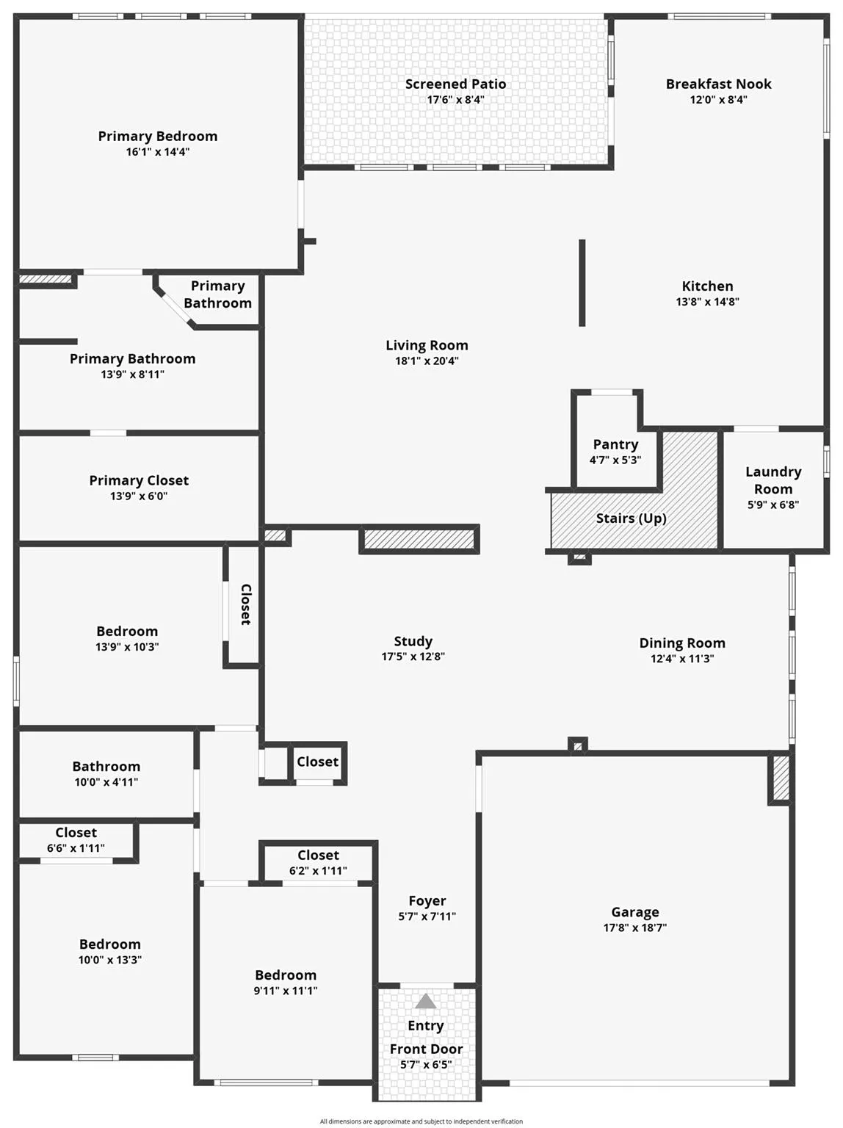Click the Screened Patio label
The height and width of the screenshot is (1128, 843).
(455, 84)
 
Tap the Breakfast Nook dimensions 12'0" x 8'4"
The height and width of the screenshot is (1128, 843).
(718, 100)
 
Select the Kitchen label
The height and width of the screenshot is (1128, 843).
(707, 286)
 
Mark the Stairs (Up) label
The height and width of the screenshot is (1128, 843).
(631, 518)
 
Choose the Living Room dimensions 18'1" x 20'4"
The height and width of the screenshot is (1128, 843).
(427, 361)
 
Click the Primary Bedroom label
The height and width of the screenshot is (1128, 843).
(158, 137)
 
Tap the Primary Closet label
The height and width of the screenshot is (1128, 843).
(139, 481)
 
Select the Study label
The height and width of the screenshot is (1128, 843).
(413, 642)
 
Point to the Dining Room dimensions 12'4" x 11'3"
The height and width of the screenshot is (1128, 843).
(682, 659)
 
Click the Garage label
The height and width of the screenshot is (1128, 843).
(635, 912)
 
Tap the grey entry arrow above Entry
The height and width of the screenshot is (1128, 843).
(426, 1001)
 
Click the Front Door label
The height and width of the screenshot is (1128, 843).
(426, 1049)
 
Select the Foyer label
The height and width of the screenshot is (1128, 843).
(427, 901)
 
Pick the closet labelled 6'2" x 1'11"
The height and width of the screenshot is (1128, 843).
(318, 863)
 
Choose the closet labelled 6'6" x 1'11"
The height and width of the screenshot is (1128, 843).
(76, 840)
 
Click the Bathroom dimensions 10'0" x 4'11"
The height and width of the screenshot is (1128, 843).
(106, 783)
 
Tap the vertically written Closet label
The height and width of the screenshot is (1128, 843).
(246, 604)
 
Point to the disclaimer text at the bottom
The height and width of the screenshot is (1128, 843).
(421, 1121)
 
